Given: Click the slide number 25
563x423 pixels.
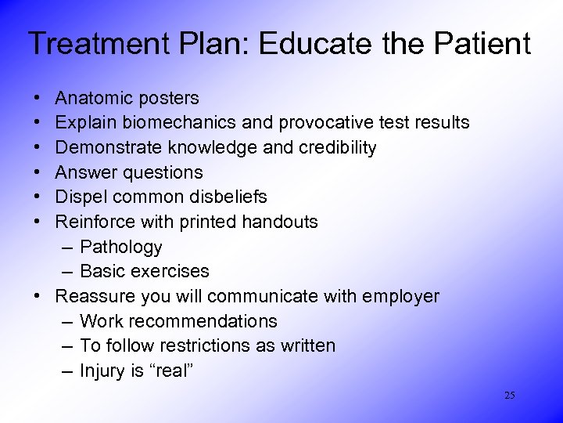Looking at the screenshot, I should click(x=510, y=396).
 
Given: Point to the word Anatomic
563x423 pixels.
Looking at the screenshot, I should click(x=93, y=99).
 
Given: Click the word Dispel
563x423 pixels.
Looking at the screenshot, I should click(x=81, y=197).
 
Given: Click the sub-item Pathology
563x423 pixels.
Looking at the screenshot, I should click(x=121, y=248).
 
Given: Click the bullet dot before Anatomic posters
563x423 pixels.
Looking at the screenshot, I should click(x=38, y=99).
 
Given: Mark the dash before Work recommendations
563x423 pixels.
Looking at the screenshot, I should click(x=66, y=321).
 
